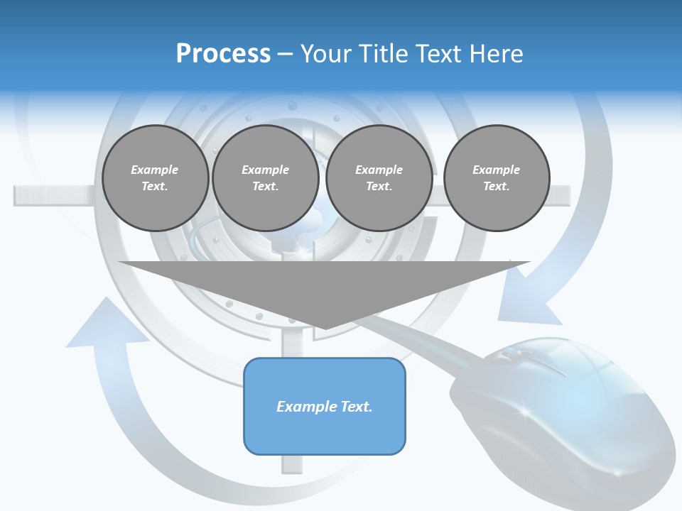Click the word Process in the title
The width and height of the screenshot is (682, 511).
point(223,54)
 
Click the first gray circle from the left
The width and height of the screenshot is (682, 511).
point(155,178)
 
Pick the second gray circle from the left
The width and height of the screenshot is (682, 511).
point(265,178)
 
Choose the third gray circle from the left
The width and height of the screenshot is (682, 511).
point(379,178)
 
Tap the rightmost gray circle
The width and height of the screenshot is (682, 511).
point(497,178)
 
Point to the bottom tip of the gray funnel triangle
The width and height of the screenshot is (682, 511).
point(325,328)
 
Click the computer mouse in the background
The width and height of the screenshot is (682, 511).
point(561,412)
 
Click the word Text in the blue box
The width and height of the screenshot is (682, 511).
point(354,407)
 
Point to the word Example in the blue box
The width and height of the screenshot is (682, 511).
point(305,407)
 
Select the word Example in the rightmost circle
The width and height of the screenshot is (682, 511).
point(496,170)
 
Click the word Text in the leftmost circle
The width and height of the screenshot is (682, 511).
point(154,187)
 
